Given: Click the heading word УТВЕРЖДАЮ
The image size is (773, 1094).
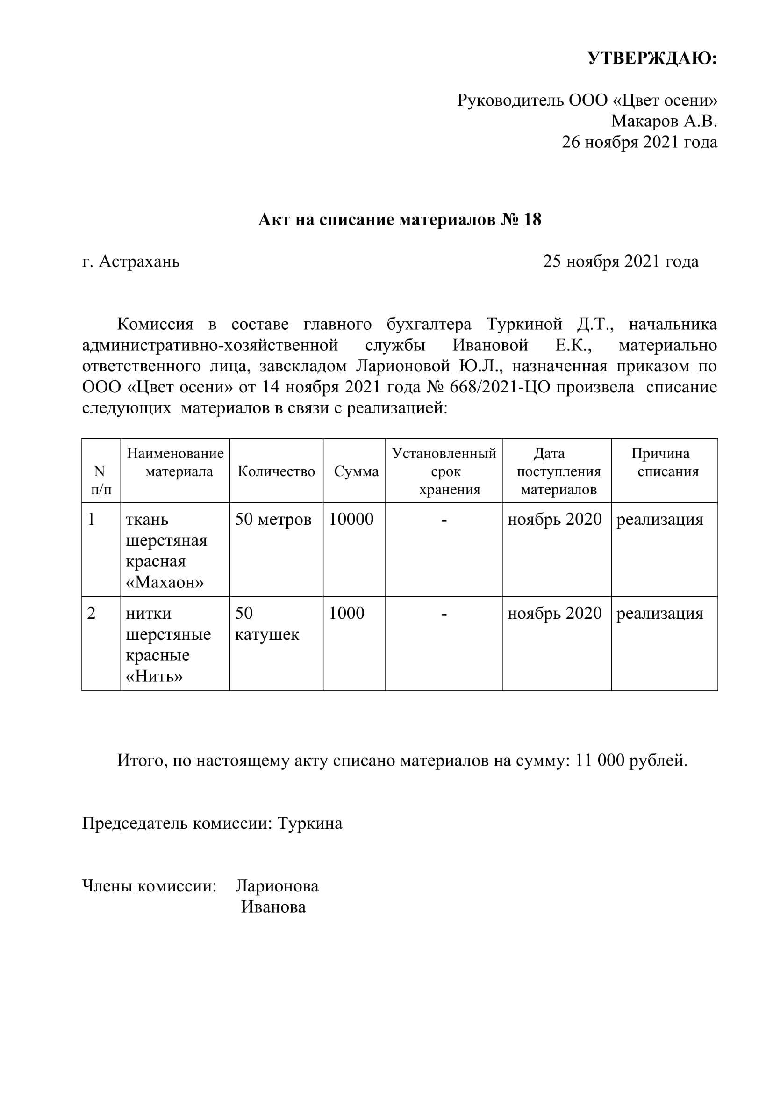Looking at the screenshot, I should point(652,58).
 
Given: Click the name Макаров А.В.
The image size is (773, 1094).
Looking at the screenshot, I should point(664,122).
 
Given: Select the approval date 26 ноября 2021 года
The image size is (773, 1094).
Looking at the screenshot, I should point(639,143).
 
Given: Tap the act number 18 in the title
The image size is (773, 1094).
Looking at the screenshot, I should point(532,220).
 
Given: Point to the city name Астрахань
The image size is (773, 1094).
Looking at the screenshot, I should point(139,261).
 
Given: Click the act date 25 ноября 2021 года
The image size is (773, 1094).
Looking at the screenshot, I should point(621,261).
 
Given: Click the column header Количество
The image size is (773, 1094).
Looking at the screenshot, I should point(276,472).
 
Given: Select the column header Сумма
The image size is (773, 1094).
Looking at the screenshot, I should point(356,472).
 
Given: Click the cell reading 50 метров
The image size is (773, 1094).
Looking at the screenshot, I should point(273,519).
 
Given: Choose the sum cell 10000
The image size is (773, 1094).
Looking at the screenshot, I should point(351,519).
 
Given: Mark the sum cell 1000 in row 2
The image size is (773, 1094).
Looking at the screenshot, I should point(346,613).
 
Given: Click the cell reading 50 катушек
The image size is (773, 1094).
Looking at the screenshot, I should point(266,624).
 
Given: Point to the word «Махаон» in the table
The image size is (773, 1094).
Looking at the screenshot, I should point(165,582).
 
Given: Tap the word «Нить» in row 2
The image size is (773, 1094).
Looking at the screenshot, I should point(154,677).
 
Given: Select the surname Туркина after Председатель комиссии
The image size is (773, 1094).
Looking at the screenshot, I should point(309,823).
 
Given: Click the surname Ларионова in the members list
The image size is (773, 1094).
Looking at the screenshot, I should point(277,886).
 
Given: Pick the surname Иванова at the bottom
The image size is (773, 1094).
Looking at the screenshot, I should point(273,907).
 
